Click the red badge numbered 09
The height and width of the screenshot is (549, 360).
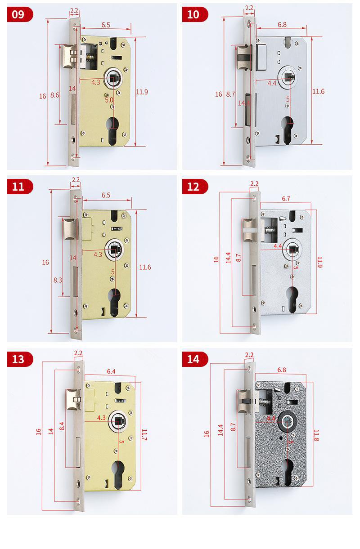(x=19, y=14)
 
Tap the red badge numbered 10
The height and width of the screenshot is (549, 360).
(x=194, y=14)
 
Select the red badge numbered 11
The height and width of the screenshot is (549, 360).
(x=19, y=186)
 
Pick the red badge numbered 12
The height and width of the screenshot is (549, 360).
(x=194, y=186)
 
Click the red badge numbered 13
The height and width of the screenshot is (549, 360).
(x=19, y=359)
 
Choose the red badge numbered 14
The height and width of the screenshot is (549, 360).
(x=194, y=359)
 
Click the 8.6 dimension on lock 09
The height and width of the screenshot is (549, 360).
(x=55, y=95)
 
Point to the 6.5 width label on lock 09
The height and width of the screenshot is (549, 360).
(x=106, y=25)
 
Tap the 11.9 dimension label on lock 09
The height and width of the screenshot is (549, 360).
(x=142, y=92)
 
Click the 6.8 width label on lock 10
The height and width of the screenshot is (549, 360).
(x=283, y=25)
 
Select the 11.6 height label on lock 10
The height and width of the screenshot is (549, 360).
(x=319, y=91)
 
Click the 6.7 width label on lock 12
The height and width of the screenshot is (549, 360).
(x=286, y=199)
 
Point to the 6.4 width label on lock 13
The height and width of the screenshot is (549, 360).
(x=111, y=371)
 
